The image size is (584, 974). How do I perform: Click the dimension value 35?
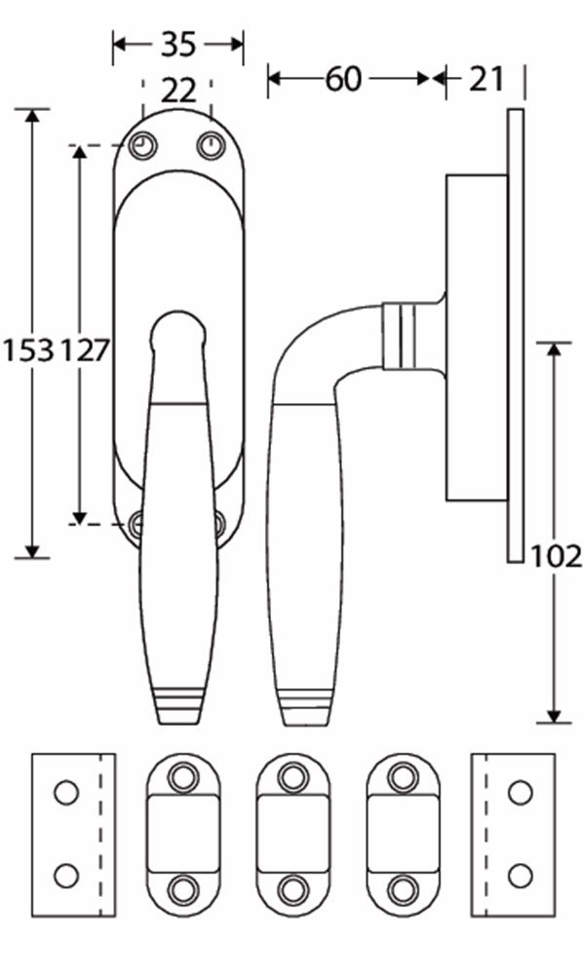point(177,44)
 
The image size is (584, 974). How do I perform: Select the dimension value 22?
point(177,91)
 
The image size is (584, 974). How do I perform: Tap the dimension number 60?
point(343,79)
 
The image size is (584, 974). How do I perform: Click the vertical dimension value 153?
point(27,352)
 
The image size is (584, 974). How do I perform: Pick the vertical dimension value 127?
point(86,352)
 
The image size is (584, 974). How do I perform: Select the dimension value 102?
point(557,556)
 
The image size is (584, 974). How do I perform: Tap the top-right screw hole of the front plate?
point(211,145)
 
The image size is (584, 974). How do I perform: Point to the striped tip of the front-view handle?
point(179,707)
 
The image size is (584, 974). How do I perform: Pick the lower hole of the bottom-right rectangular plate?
point(521,875)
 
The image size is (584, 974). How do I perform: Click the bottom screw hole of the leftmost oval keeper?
point(182,888)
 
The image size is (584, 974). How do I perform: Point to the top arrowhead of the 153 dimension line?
point(33,114)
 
